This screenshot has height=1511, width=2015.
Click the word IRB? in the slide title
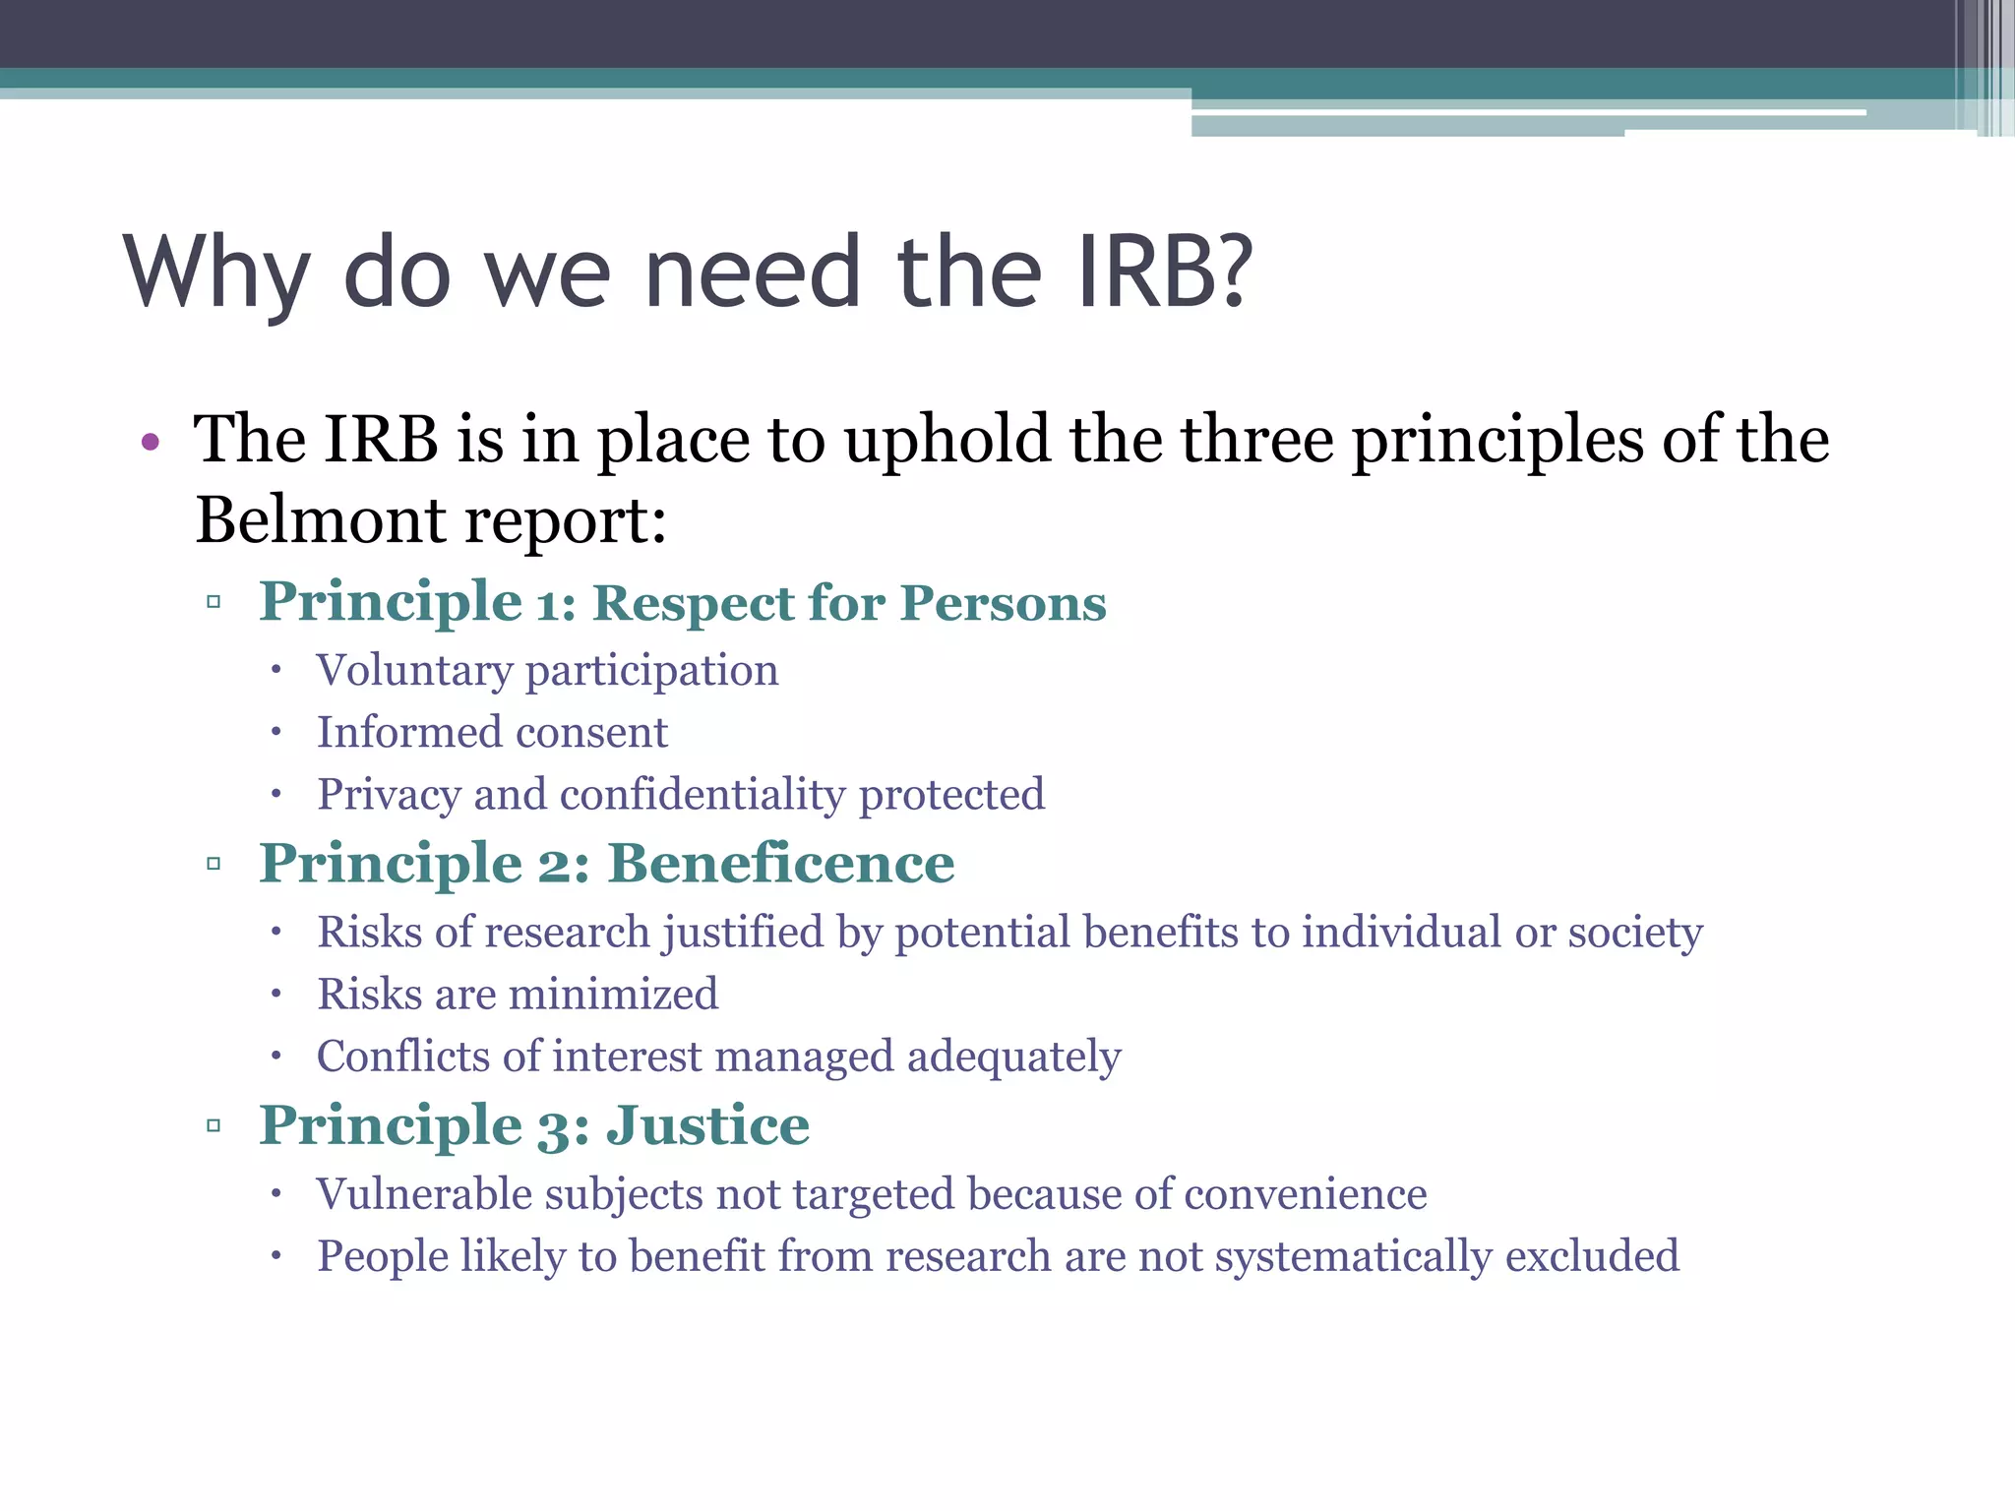(x=1165, y=272)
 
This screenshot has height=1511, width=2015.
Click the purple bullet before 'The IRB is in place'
(x=151, y=442)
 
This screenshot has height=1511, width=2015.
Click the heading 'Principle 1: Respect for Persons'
(x=682, y=602)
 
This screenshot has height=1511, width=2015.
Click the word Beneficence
(x=781, y=864)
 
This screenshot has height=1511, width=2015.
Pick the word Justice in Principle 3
(x=707, y=1125)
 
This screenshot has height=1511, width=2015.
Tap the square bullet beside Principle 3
(x=214, y=1126)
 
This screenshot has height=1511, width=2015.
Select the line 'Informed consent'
(x=492, y=733)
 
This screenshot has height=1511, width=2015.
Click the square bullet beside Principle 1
(x=214, y=602)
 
